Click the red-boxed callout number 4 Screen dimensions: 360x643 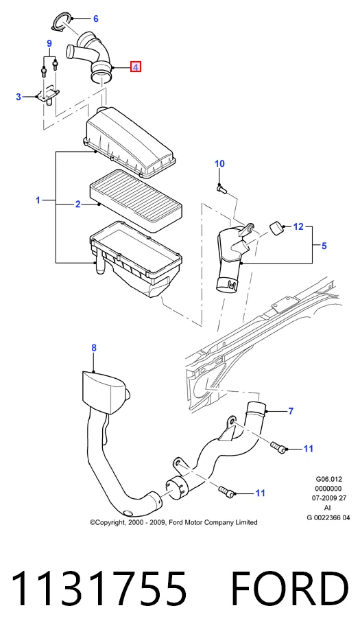136,67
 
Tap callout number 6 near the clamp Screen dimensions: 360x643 96,19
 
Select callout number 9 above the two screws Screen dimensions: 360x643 49,43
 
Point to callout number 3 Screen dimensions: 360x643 19,97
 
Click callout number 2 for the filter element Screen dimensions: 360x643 77,204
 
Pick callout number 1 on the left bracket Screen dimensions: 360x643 38,200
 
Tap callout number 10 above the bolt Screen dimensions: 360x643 219,163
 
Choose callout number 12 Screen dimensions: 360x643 298,226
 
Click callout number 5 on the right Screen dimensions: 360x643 324,246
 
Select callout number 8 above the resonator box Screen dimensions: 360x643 94,348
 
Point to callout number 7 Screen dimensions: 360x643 291,411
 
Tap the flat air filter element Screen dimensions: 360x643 136,201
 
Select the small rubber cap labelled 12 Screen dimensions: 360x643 277,228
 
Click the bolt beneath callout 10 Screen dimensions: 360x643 221,189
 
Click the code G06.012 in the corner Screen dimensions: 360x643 329,479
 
